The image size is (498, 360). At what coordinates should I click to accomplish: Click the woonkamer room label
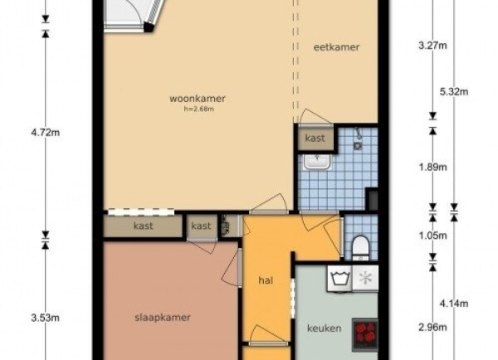click(x=198, y=99)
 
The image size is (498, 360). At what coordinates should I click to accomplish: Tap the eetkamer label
click(x=336, y=47)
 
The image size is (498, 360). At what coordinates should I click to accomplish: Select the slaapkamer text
click(x=163, y=318)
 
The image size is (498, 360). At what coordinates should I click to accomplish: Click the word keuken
click(x=324, y=328)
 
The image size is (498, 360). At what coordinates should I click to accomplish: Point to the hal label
click(x=266, y=280)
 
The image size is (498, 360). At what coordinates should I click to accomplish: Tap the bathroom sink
click(x=317, y=162)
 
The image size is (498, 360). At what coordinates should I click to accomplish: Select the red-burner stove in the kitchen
click(x=365, y=335)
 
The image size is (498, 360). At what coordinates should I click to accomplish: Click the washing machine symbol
click(x=340, y=279)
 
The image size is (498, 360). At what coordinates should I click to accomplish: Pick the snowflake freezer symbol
click(x=365, y=279)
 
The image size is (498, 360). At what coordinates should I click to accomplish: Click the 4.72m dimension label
click(x=45, y=133)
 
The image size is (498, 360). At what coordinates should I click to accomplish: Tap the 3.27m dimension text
click(x=432, y=46)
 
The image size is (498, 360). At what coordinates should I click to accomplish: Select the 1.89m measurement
click(x=433, y=167)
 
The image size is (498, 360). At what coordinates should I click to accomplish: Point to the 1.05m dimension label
click(x=433, y=236)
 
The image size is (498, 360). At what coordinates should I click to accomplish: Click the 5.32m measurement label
click(x=454, y=92)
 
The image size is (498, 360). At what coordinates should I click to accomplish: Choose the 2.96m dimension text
click(x=433, y=327)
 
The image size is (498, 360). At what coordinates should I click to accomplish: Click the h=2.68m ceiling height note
click(x=199, y=109)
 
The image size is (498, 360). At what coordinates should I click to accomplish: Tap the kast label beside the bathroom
click(x=315, y=138)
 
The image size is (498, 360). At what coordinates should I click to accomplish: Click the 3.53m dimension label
click(x=45, y=318)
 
